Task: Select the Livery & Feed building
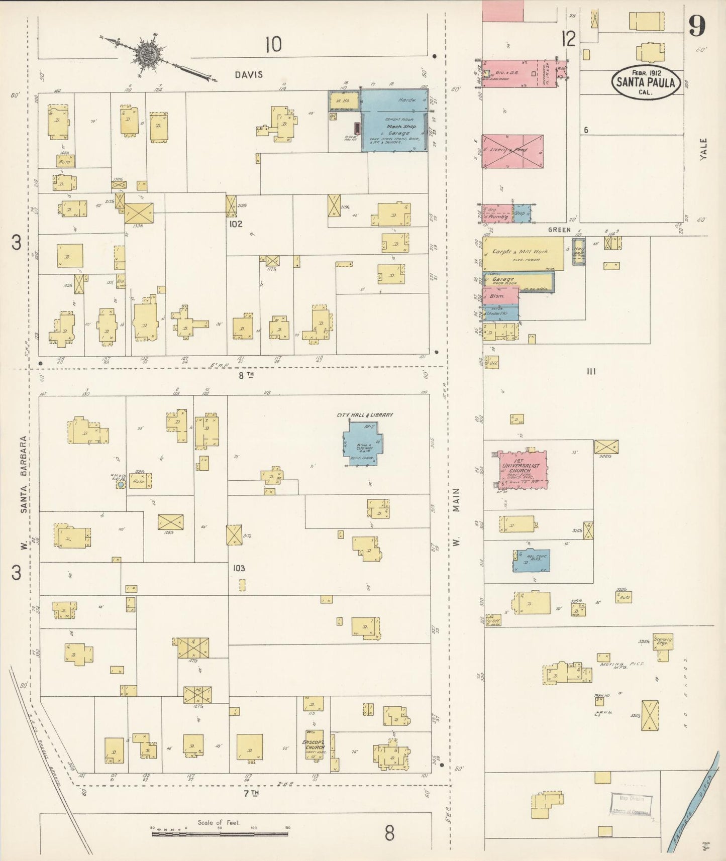pos(512,151)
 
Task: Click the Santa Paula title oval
pos(646,82)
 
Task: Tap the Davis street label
pos(249,75)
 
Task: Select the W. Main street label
pos(456,517)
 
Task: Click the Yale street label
pos(703,149)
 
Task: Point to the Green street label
pos(559,230)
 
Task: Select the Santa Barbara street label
pos(23,475)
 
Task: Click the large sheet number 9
pos(697,26)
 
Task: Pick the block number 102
pos(235,224)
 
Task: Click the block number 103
pos(239,568)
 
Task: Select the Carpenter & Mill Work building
pos(523,254)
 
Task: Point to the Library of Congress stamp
pos(631,805)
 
